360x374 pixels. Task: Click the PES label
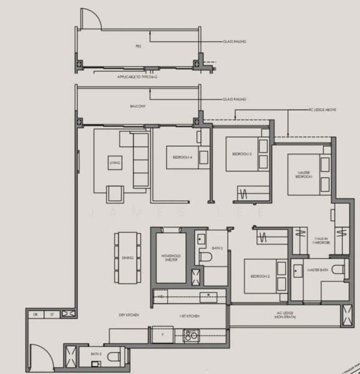click(x=138, y=47)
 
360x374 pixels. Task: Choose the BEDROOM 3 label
click(x=242, y=153)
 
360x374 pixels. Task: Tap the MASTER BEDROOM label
click(x=303, y=173)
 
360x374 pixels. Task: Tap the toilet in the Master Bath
click(x=338, y=270)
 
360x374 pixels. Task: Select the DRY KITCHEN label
click(x=129, y=315)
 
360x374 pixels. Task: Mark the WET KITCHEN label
click(x=190, y=315)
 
